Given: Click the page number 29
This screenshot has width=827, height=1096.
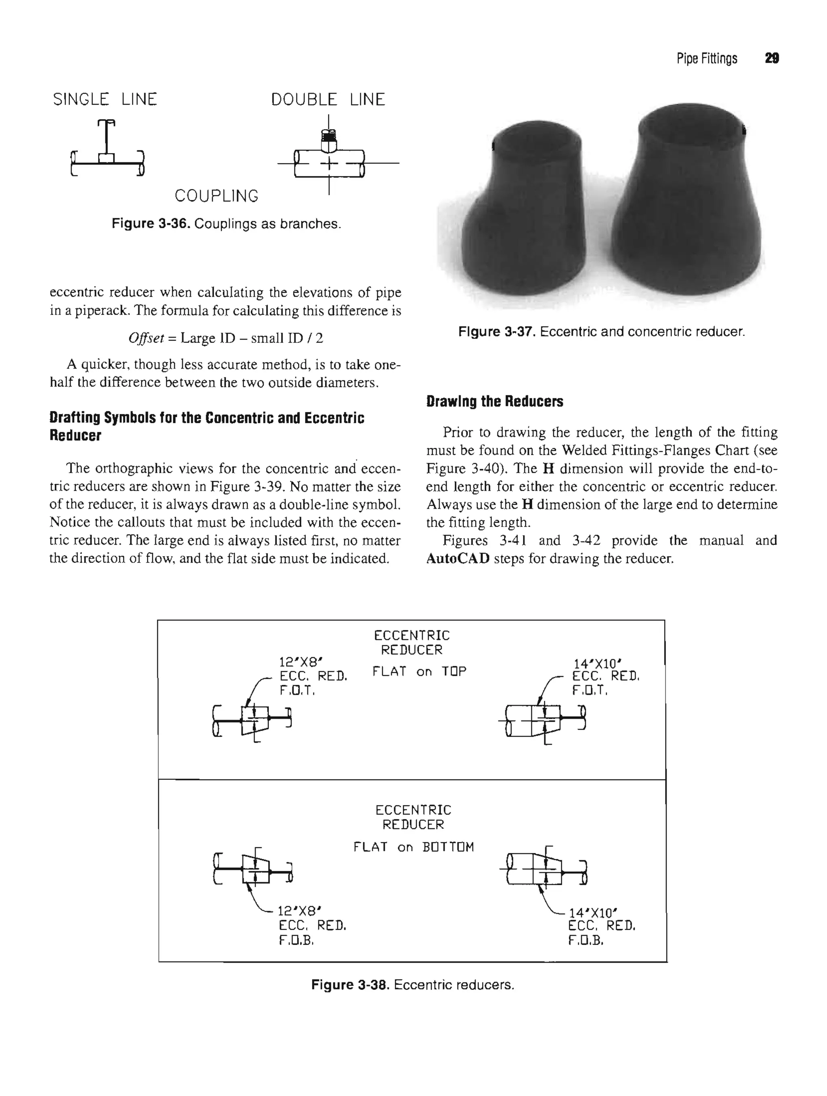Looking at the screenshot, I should pyautogui.click(x=772, y=59).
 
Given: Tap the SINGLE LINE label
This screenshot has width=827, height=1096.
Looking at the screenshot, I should pyautogui.click(x=105, y=100).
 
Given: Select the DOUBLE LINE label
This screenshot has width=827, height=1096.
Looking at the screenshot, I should pyautogui.click(x=327, y=100).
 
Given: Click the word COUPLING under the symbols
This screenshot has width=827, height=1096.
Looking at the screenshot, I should pyautogui.click(x=216, y=196).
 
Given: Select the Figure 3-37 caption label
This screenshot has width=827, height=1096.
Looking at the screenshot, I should pyautogui.click(x=497, y=332).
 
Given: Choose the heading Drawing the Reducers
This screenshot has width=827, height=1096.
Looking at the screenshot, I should pyautogui.click(x=495, y=401).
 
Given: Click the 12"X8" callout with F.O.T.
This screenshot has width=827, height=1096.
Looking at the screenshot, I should pyautogui.click(x=312, y=675).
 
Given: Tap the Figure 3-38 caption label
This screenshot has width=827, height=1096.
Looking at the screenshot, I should pyautogui.click(x=350, y=985).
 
